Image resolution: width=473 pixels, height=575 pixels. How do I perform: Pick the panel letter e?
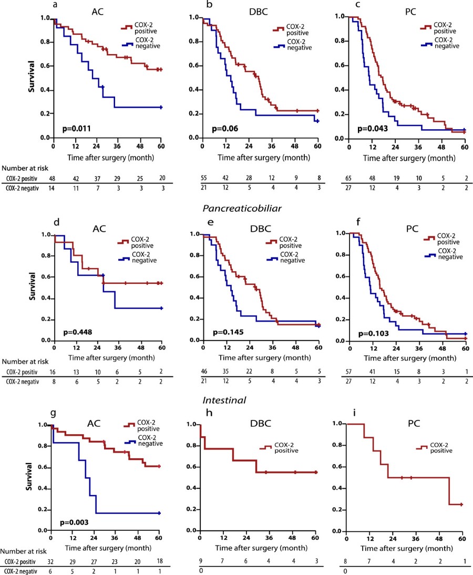pyautogui.click(x=196, y=223)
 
